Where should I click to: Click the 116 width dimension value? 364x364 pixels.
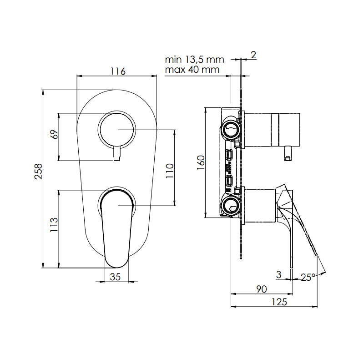coord(118,71)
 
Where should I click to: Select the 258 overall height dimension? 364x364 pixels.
coord(38,172)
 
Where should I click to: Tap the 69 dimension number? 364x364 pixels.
coord(54,134)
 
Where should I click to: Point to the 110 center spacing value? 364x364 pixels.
coord(170,171)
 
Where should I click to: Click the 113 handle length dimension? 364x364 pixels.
coord(54,225)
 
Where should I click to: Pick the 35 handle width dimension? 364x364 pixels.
coord(116,277)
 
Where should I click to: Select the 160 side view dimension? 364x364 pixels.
coord(201,162)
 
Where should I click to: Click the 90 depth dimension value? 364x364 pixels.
coord(262,289)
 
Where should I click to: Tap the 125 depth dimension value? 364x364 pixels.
coord(279,302)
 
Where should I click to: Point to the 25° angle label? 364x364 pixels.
coord(308,277)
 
